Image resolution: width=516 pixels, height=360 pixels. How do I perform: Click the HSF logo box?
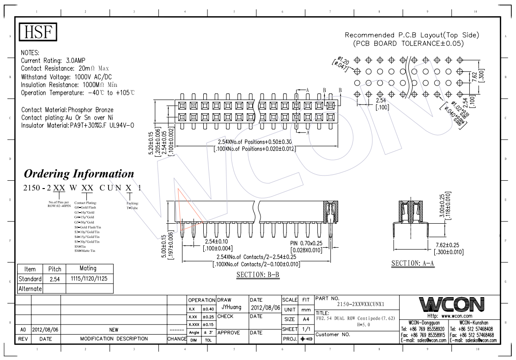[38, 32]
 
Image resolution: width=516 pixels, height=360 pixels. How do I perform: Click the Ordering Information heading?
[79, 174]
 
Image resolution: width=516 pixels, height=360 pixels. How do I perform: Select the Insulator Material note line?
[78, 125]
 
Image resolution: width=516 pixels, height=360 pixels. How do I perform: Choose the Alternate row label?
[30, 289]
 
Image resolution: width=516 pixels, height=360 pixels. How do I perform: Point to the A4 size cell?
[306, 319]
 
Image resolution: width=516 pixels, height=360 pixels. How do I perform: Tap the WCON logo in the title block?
[451, 305]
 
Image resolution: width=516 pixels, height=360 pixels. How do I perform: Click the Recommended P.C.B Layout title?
[412, 35]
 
